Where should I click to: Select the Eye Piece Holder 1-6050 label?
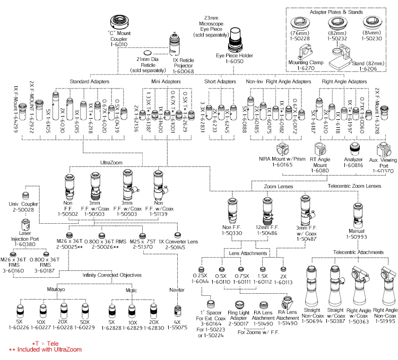[x=234, y=58]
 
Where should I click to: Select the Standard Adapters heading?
[x=89, y=82]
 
